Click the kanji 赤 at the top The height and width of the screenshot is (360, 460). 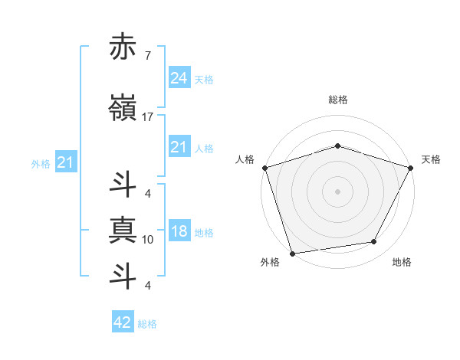coord(123,47)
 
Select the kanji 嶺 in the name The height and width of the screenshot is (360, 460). coord(123,108)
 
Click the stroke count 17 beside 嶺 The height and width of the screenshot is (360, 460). coord(148,117)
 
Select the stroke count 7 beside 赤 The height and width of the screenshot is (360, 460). coord(147,56)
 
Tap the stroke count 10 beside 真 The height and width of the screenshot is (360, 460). coord(148,240)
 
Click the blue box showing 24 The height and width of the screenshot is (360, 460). coord(179,77)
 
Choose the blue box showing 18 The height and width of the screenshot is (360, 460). coord(179,232)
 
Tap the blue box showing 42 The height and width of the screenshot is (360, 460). coord(123,322)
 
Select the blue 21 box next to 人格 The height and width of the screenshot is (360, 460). coord(179,147)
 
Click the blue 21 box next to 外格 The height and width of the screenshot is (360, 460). coord(65,162)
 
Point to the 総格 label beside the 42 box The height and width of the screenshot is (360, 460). coord(147,324)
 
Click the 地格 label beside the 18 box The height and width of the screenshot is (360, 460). coord(204,233)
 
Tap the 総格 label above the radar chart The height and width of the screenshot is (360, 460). coord(338,100)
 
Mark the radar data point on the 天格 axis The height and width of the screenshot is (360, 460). coord(412,167)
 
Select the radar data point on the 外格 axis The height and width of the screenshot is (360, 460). coord(292,253)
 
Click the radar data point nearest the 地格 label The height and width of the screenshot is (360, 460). coord(374,242)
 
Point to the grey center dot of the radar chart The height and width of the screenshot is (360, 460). coord(337,191)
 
